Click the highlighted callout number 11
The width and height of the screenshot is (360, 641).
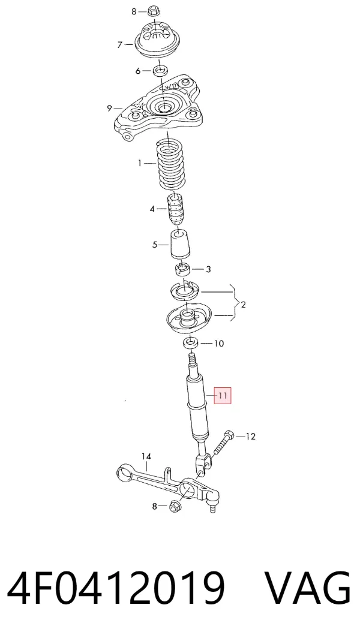point(222,395)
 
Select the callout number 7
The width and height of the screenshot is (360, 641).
point(120,44)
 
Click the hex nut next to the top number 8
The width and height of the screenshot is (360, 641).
point(153,10)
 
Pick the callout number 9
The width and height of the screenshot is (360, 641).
point(109,109)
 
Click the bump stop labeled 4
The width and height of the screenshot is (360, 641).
point(175,210)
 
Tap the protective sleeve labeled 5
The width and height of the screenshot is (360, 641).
point(181,245)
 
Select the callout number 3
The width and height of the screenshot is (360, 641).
point(208,269)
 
